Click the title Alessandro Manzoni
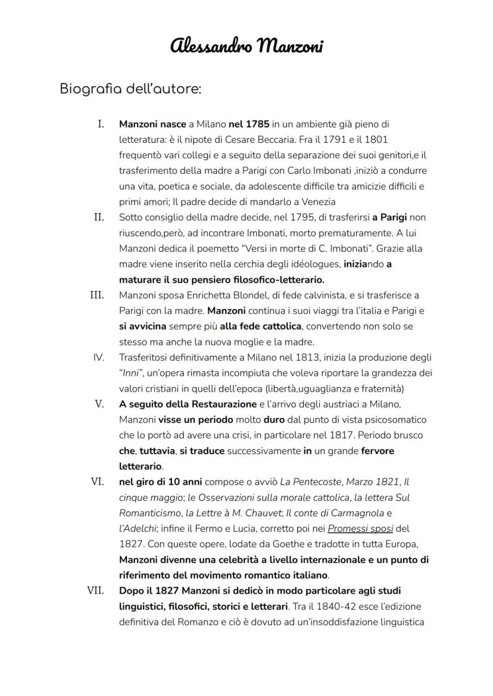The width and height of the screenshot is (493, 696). (x=246, y=46)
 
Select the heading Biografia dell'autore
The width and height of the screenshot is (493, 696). (x=130, y=89)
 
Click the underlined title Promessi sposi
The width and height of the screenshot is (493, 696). (x=360, y=529)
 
